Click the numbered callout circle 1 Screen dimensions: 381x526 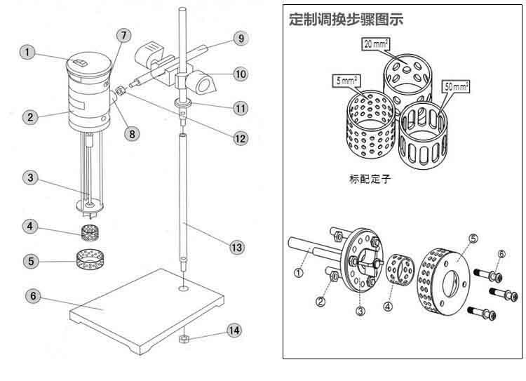[28, 52]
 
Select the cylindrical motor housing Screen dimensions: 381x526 [90, 98]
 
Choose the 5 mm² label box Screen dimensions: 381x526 [345, 81]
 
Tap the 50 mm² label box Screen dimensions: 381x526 [457, 87]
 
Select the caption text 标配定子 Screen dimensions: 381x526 [368, 180]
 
